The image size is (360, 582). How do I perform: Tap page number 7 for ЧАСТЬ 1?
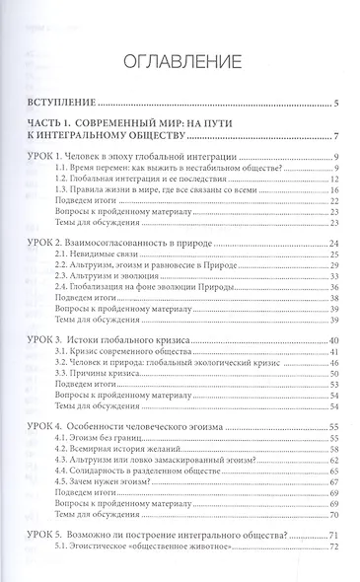[x=336, y=136]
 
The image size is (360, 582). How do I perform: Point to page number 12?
[x=335, y=181]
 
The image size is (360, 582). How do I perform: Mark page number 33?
[x=335, y=276]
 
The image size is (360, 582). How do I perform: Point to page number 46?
[x=335, y=361]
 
